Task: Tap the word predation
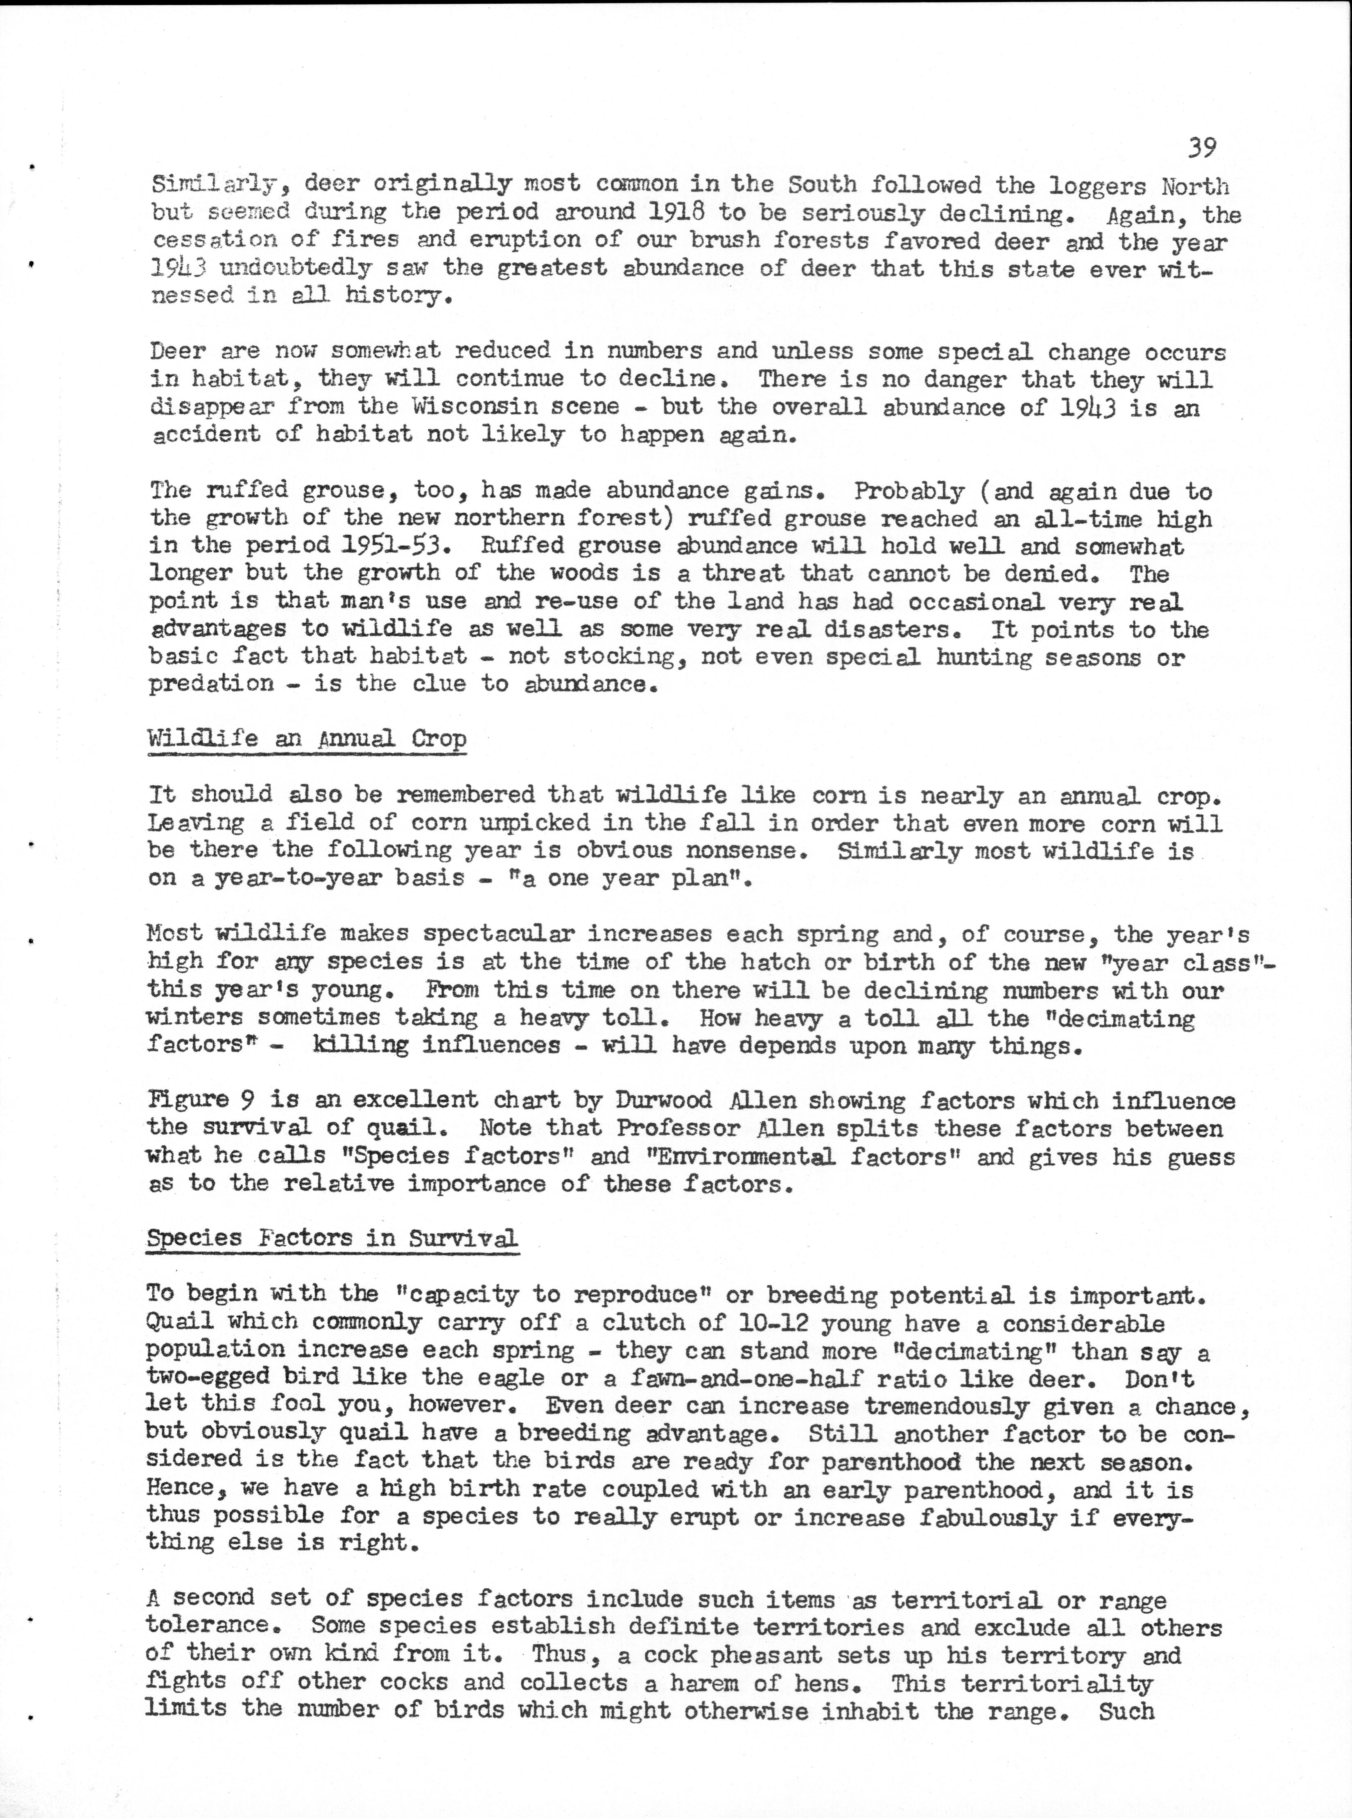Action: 211,684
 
